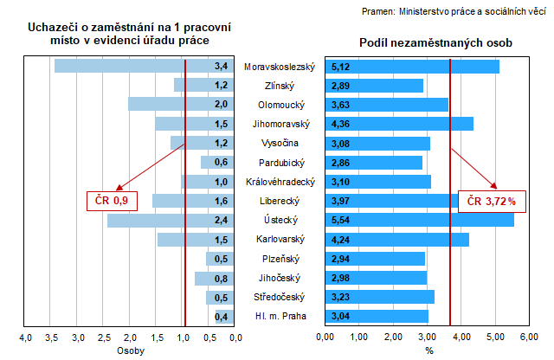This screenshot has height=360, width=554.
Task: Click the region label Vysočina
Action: point(280,144)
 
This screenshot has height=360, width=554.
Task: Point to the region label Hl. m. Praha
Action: point(280,317)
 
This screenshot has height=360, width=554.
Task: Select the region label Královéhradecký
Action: point(280,182)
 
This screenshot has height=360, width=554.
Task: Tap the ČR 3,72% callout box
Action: point(491,202)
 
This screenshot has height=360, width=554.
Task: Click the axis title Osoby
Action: point(130,351)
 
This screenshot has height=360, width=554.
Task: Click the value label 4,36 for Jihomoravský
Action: point(339,124)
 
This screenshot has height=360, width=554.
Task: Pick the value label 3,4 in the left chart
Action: point(221,67)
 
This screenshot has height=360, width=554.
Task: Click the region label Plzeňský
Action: point(280,259)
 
